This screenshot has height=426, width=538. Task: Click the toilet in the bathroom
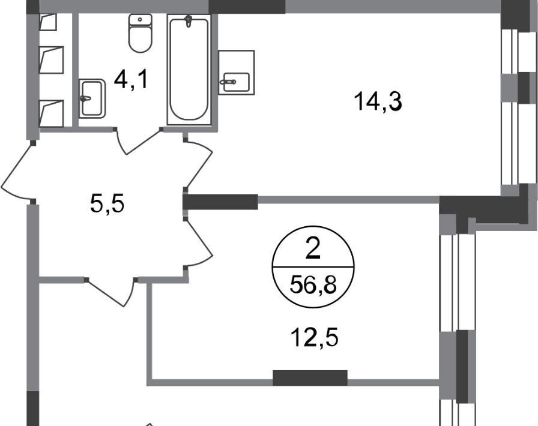[x=141, y=33]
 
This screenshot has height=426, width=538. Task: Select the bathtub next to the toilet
[x=189, y=70]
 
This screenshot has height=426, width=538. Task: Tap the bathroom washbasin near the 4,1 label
[x=92, y=98]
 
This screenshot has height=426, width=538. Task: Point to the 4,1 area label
[x=131, y=80]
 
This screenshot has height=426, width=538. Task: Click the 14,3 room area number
[x=378, y=101]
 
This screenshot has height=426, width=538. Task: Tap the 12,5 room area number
[x=314, y=337]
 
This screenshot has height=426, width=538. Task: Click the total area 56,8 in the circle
[x=313, y=284]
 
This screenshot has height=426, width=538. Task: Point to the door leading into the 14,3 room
[x=198, y=164]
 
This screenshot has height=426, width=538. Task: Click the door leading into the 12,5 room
[x=198, y=243]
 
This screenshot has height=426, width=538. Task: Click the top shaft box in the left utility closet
[x=48, y=22]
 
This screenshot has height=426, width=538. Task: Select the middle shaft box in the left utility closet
[x=52, y=59]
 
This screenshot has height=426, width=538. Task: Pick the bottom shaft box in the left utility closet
[x=52, y=113]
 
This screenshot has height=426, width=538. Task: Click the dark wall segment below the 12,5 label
[x=310, y=377]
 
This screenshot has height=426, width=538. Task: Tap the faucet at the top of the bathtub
[x=189, y=21]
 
